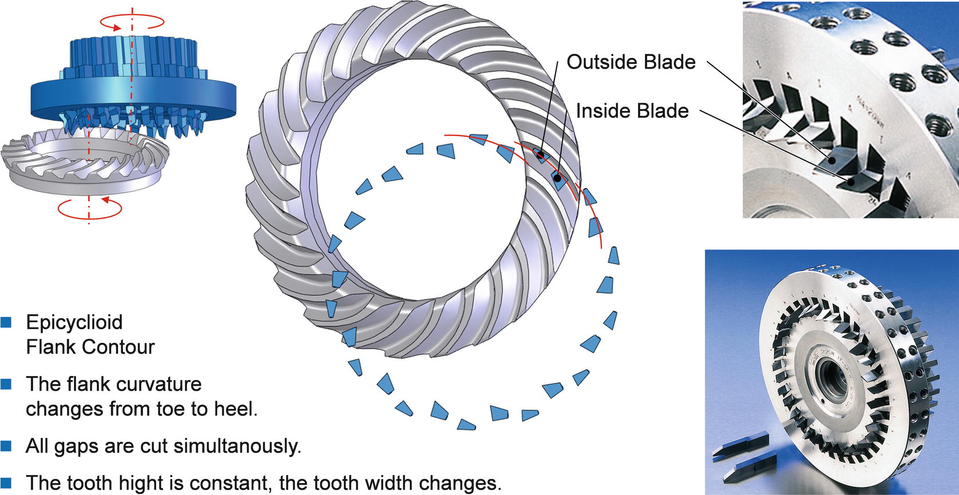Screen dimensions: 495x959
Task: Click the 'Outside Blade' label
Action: (631, 62)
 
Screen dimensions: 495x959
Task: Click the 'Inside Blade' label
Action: (632, 111)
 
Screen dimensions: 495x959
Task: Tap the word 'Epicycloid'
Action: (74, 322)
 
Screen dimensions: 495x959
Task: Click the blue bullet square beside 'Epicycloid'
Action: (6, 322)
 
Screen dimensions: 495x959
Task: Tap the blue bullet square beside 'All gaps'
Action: (6, 446)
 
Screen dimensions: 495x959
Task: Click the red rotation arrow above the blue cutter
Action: (132, 22)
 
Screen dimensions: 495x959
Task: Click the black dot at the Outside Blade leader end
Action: (541, 154)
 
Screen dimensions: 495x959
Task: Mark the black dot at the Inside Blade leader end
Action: (557, 178)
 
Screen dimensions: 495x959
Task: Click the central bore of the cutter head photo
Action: (830, 378)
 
